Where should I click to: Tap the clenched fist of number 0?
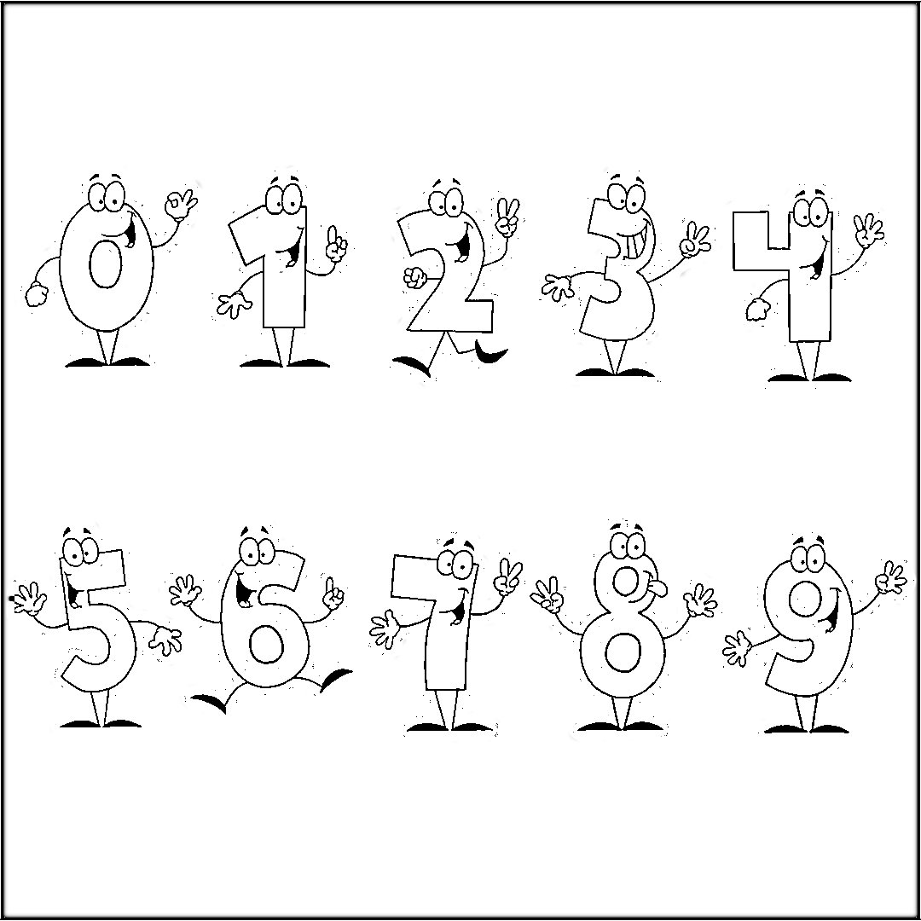pyautogui.click(x=37, y=293)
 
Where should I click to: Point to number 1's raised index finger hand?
pyautogui.click(x=338, y=246)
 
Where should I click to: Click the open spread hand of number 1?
pyautogui.click(x=233, y=302)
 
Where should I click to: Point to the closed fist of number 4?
pyautogui.click(x=757, y=309)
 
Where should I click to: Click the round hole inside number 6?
pyautogui.click(x=265, y=646)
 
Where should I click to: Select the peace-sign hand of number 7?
pyautogui.click(x=508, y=579)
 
